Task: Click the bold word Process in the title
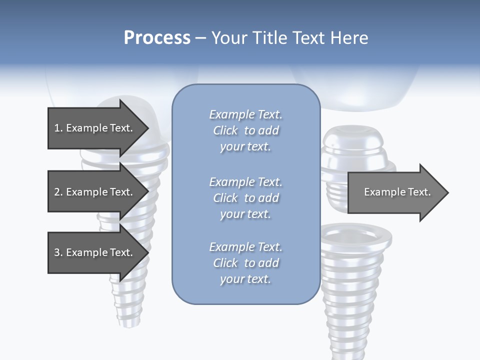[x=157, y=38]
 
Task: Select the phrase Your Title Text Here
[x=289, y=38]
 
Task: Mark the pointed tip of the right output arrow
[x=447, y=192]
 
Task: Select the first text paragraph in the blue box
[x=245, y=130]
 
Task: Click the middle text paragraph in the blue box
[x=245, y=198]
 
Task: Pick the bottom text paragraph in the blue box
[x=245, y=263]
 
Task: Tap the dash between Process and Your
[x=200, y=38]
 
